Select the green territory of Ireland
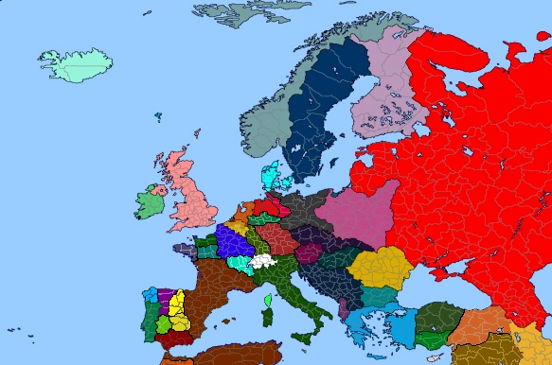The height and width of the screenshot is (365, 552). point(150,201)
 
